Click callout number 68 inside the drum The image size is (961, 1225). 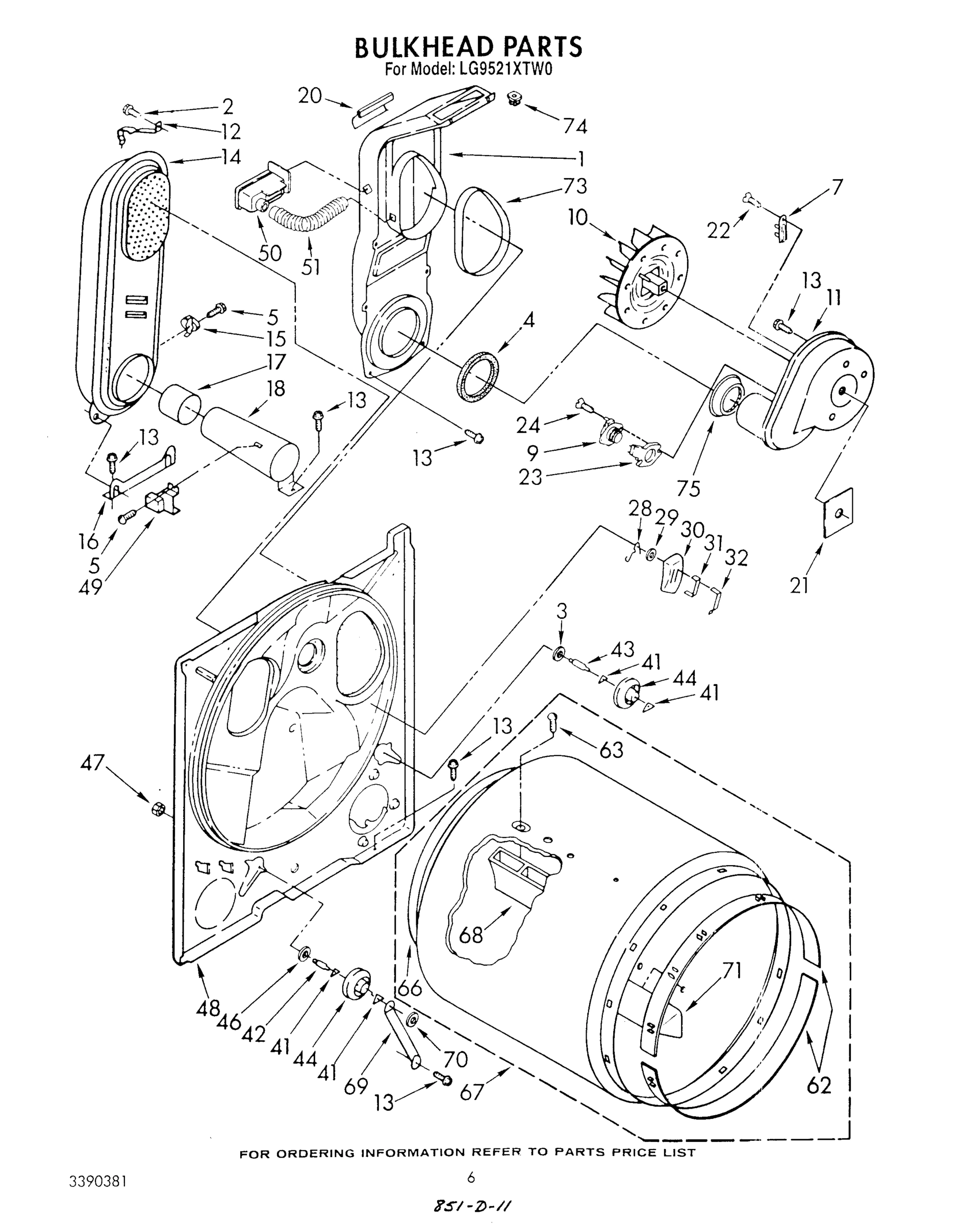471,935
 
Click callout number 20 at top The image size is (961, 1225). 310,96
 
